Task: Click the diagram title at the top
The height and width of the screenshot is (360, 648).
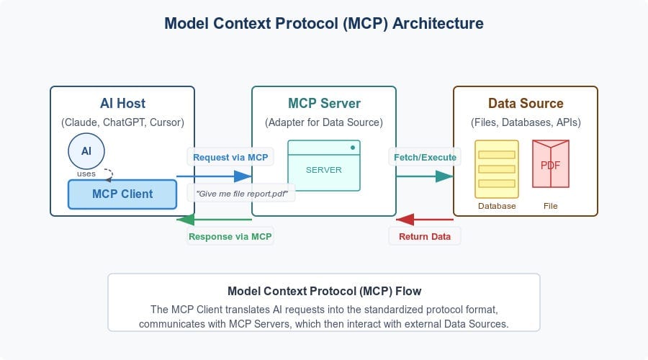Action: (x=324, y=23)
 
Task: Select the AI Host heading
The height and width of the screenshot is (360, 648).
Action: (x=122, y=103)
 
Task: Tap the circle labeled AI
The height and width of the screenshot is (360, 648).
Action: (x=86, y=152)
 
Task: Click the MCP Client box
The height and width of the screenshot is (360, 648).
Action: (x=122, y=194)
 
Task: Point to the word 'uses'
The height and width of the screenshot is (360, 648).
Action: (x=86, y=174)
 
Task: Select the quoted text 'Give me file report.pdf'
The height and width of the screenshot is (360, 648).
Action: (x=241, y=192)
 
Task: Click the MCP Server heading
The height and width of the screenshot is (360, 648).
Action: (x=323, y=103)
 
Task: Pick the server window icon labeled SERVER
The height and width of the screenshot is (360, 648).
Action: (x=323, y=166)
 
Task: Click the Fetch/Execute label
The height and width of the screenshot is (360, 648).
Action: (x=425, y=156)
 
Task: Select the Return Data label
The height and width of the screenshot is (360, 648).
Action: (x=424, y=236)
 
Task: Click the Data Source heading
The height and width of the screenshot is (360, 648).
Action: (x=526, y=103)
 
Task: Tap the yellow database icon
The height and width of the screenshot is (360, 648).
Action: (x=496, y=168)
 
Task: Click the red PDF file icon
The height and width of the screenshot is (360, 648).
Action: (x=550, y=166)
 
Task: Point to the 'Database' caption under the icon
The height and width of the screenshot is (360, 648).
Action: (x=497, y=206)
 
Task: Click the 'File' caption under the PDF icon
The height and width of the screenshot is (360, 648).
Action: (x=550, y=206)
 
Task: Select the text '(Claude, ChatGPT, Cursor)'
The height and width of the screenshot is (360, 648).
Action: (x=122, y=122)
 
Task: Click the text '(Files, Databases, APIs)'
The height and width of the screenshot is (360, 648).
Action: (x=526, y=122)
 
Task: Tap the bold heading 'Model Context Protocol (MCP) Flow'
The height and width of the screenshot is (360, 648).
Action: (x=324, y=292)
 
